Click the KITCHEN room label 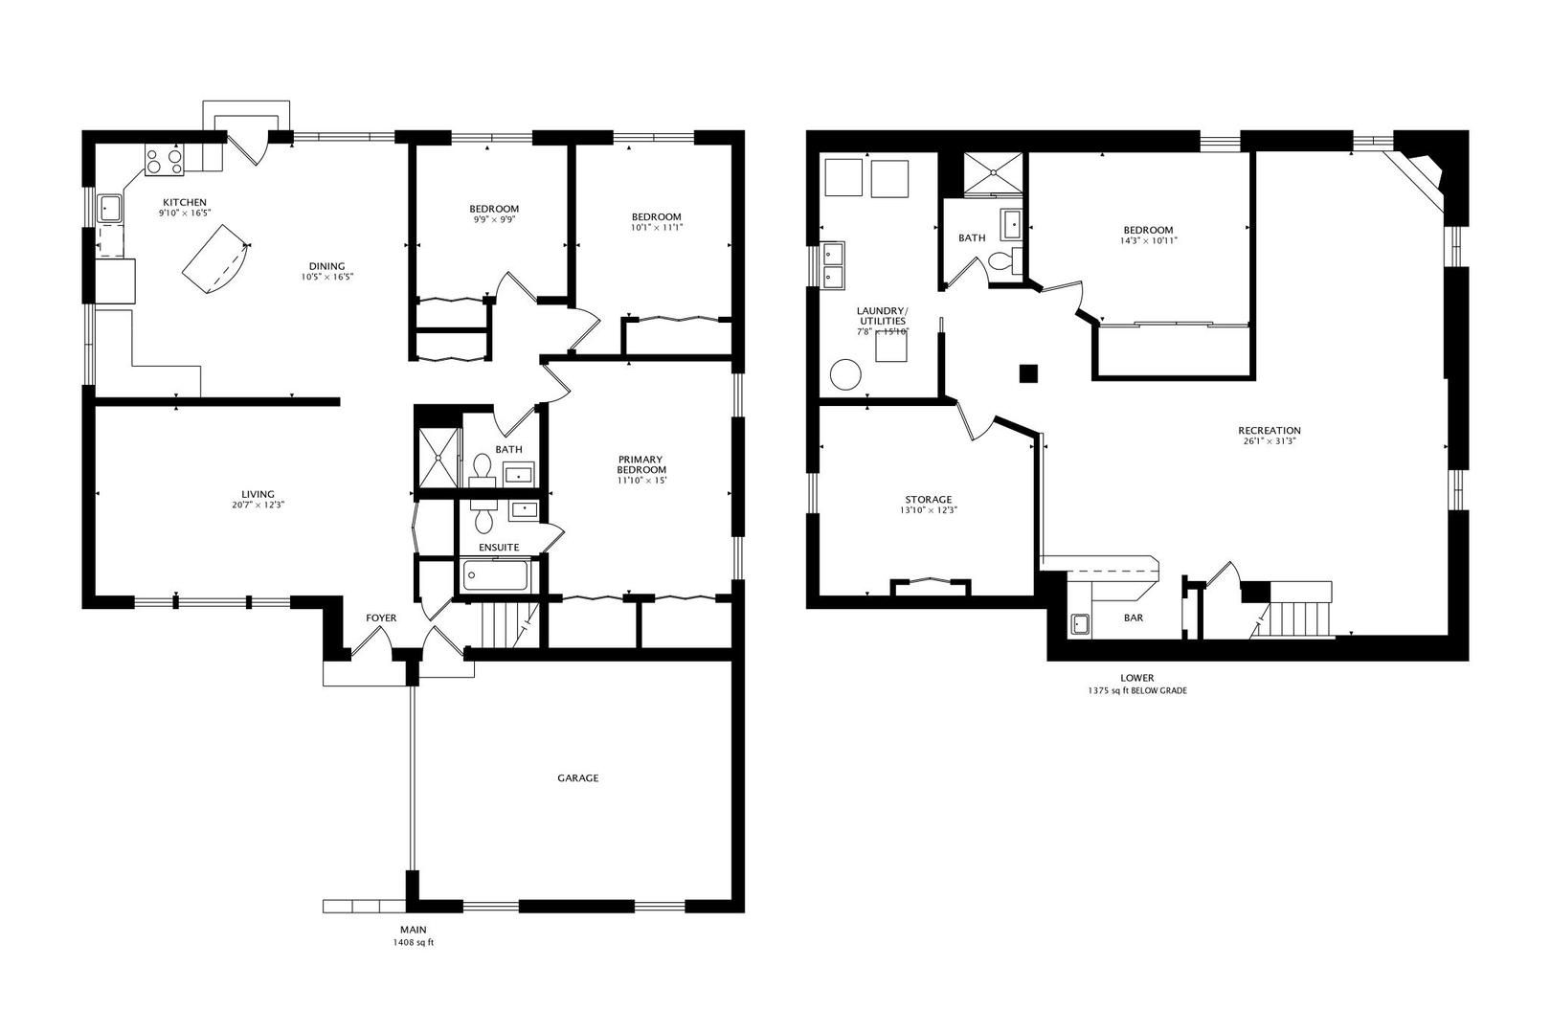pos(184,202)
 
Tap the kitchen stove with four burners pos(164,161)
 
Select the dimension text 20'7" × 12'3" pos(258,505)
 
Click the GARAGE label pos(578,777)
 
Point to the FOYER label pos(381,618)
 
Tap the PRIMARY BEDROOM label pos(641,464)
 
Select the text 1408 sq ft pos(414,942)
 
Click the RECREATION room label pos(1270,430)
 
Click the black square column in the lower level pos(1029,373)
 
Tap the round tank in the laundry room pos(845,375)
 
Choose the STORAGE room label pos(929,500)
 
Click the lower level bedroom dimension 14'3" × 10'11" pos(1148,241)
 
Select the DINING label pos(326,266)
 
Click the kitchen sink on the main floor pos(109,207)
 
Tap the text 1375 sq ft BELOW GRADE pos(1137,690)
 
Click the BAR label pos(1134,618)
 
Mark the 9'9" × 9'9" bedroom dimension pos(494,219)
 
